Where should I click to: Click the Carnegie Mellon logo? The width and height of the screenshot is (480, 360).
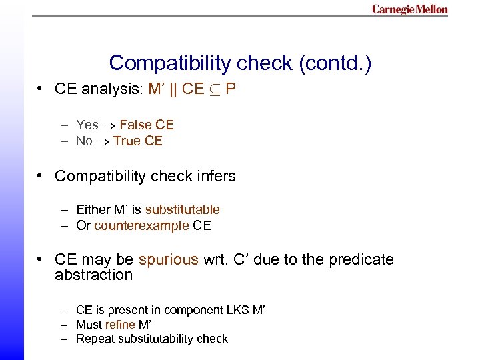click(x=410, y=9)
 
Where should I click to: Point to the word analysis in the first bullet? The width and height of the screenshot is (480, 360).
click(x=111, y=89)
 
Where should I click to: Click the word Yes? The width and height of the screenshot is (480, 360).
click(x=87, y=125)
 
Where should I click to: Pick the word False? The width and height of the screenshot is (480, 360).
click(x=135, y=125)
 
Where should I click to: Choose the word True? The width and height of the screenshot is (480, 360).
click(x=127, y=141)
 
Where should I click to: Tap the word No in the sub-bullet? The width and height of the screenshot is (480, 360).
click(x=84, y=141)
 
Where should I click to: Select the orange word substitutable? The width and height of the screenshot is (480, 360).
click(x=182, y=209)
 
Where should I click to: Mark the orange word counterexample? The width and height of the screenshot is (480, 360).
click(x=141, y=225)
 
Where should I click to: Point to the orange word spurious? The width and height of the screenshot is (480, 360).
click(x=169, y=259)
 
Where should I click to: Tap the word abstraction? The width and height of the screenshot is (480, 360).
click(x=93, y=275)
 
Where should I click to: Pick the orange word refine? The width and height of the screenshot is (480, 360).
click(x=120, y=325)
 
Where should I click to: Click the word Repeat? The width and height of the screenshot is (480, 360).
click(x=95, y=339)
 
